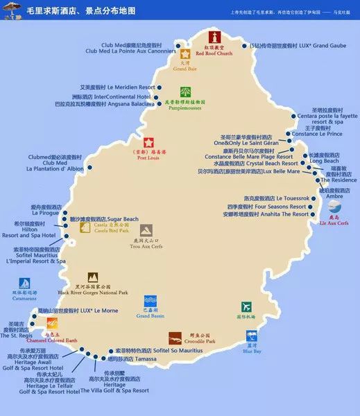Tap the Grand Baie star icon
[x=185, y=53]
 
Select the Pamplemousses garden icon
[x=185, y=92]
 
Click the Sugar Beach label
[x=104, y=218]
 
